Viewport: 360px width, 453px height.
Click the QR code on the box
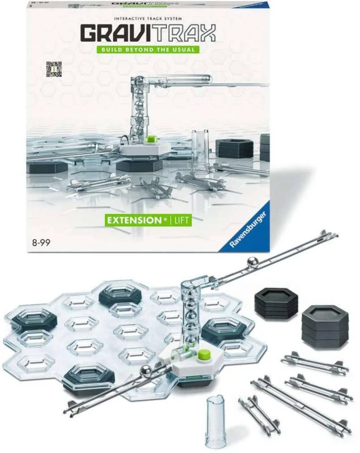click(x=54, y=69)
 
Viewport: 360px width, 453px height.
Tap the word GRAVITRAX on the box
click(x=148, y=33)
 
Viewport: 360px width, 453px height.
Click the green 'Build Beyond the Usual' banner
click(x=148, y=49)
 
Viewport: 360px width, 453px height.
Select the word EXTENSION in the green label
click(x=134, y=221)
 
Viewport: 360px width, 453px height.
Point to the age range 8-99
click(x=41, y=242)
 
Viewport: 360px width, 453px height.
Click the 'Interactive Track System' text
click(x=148, y=19)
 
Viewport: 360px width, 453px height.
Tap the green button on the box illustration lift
click(x=151, y=139)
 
